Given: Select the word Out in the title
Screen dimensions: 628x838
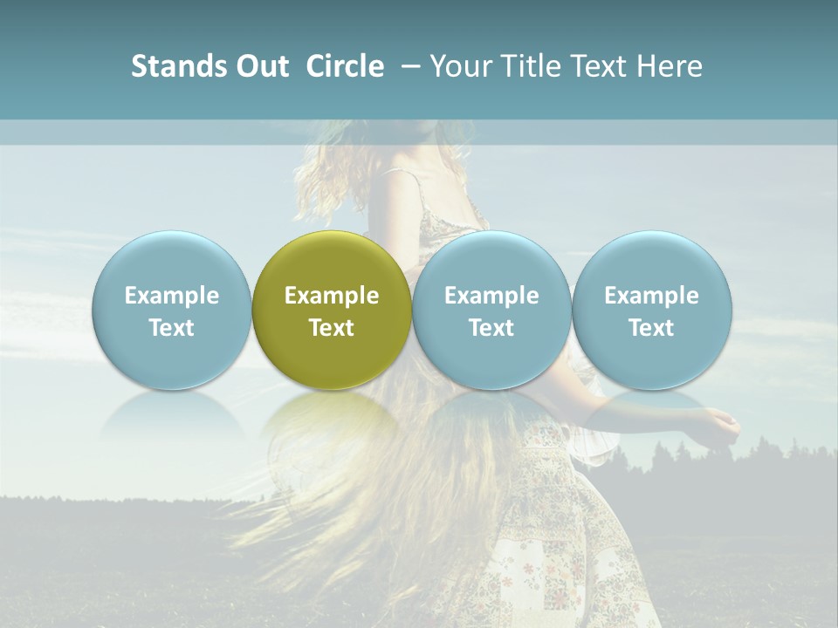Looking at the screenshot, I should tap(259, 66).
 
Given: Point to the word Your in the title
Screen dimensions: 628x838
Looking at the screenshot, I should tap(459, 66).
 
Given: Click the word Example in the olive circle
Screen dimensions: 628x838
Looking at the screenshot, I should tap(332, 296).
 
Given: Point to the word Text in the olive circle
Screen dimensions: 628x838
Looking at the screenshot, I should tap(332, 328).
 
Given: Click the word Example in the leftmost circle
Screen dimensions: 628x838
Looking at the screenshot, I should tap(171, 296).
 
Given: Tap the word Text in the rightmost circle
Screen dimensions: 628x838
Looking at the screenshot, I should tap(652, 328).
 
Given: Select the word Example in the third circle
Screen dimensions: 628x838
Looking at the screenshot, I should tap(491, 296).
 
